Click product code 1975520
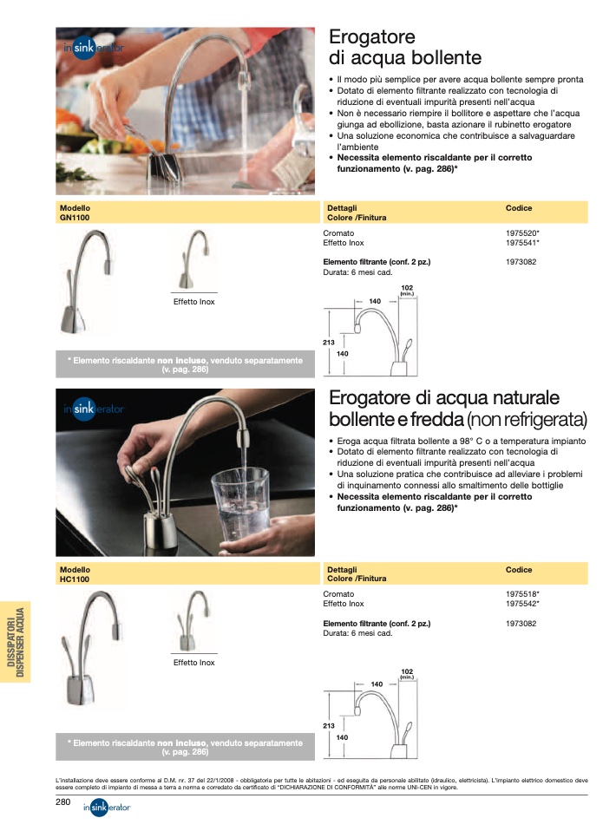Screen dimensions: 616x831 [521, 233]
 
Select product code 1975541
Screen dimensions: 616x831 [521, 243]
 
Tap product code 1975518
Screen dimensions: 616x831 [521, 594]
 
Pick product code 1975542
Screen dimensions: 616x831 [521, 604]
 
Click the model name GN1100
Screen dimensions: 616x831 [75, 217]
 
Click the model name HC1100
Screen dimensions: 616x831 [75, 579]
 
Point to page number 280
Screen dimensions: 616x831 [63, 802]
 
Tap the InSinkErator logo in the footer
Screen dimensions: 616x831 [107, 808]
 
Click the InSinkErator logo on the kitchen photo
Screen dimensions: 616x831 [94, 48]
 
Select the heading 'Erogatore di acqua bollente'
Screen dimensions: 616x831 [405, 47]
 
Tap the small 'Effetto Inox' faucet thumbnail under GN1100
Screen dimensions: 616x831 [194, 259]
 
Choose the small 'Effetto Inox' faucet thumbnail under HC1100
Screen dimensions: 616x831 [192, 620]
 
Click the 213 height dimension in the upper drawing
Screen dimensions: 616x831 [329, 343]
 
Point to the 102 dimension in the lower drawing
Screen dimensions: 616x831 [407, 671]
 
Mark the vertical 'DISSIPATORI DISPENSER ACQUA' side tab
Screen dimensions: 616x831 [16, 642]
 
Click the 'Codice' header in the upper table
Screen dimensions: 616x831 [519, 208]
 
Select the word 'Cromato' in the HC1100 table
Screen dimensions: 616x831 [338, 594]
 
